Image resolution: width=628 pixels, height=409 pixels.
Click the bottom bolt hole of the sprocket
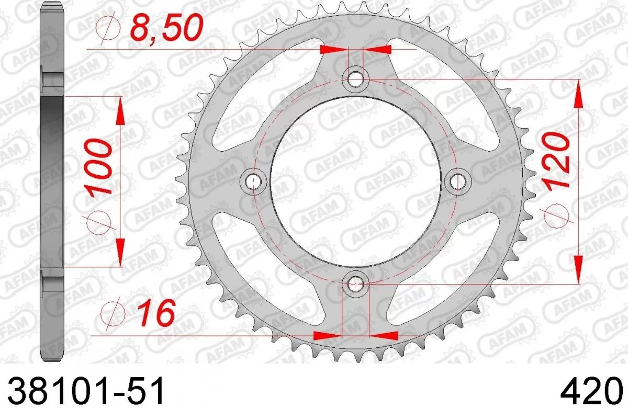[355, 284]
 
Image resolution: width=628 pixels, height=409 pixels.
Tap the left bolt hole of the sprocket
[254, 181]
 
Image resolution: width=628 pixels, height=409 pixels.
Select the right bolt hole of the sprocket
[458, 181]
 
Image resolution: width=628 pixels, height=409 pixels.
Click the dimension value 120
[556, 160]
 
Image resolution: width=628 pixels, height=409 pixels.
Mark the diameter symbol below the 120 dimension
[556, 216]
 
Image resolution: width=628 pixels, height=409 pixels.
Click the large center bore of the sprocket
[355, 181]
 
